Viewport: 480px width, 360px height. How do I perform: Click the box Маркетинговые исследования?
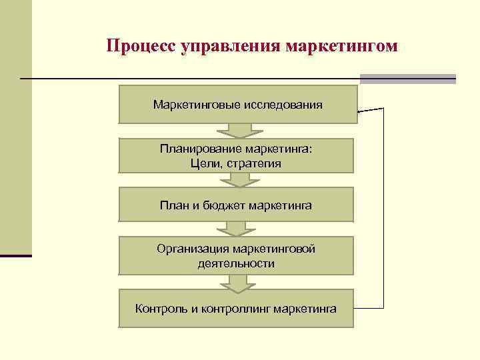237,105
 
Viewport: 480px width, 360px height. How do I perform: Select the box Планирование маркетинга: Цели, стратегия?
236,156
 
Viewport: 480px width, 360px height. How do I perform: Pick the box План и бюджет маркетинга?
236,205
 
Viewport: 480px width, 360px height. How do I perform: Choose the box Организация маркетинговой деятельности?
236,255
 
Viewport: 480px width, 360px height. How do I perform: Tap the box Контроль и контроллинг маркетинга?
236,308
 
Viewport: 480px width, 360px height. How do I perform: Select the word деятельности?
236,263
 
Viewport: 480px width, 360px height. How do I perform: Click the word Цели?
203,163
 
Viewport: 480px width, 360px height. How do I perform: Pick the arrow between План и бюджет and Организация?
236,229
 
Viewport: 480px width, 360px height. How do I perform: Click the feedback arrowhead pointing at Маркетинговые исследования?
361,111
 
